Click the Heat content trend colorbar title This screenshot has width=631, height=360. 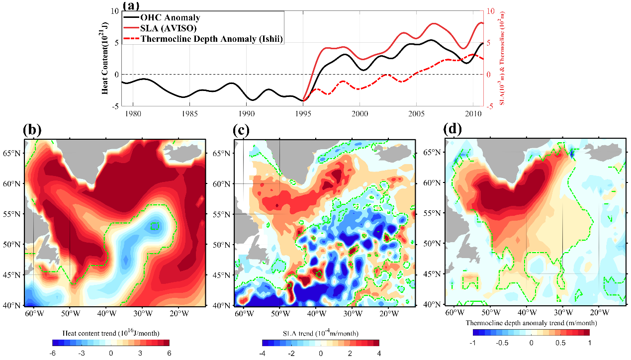(x=110, y=332)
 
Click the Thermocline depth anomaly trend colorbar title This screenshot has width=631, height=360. (x=531, y=323)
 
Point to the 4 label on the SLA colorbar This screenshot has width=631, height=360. (x=378, y=354)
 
